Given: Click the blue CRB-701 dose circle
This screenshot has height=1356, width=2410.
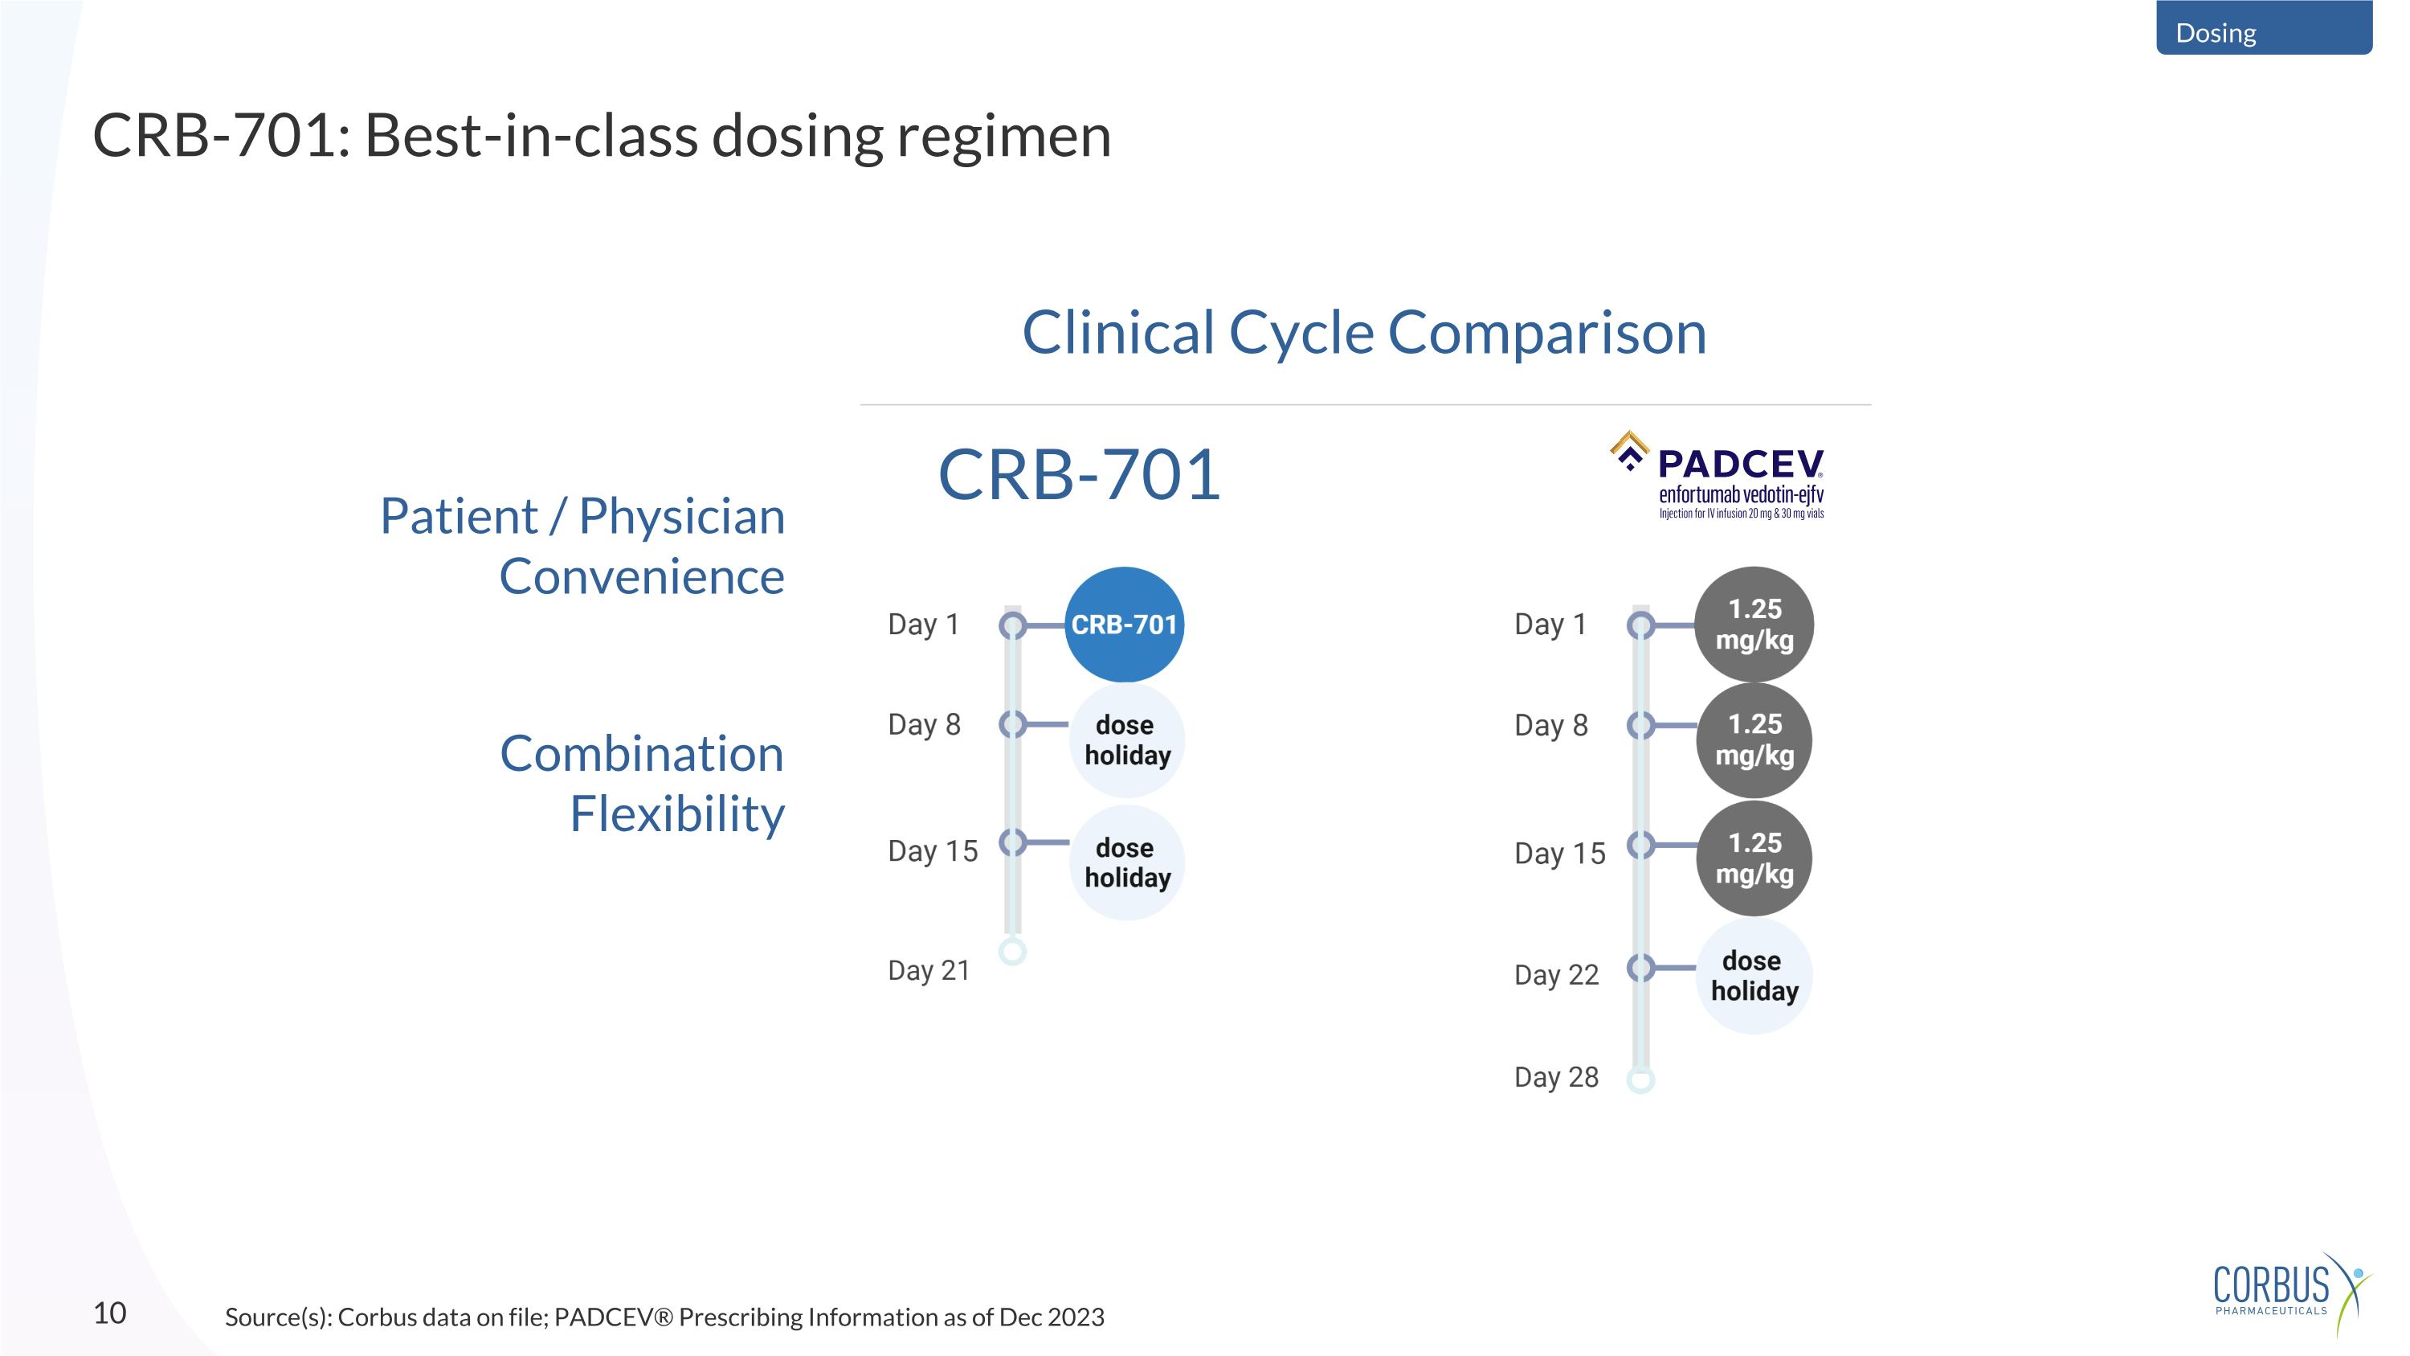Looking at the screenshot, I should (x=1124, y=625).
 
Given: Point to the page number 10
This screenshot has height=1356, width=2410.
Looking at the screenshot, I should (x=109, y=1313).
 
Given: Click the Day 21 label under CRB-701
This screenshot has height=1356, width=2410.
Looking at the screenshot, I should (x=928, y=970).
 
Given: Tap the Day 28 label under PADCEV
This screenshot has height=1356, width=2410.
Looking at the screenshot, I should (x=1556, y=1077).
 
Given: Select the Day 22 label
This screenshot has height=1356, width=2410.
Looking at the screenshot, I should (x=1556, y=975).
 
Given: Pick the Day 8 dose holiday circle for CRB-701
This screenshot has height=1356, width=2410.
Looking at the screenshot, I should (x=1126, y=740).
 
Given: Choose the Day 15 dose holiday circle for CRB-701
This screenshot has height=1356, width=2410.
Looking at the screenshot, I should (x=1126, y=862).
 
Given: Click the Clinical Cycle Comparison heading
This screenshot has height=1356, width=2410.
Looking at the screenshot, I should (x=1364, y=332).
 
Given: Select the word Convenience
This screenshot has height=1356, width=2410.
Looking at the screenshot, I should (x=642, y=576).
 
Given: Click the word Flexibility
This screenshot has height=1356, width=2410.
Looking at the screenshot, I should (x=677, y=813).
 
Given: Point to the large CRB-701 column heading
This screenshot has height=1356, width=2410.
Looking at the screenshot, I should (x=1079, y=474).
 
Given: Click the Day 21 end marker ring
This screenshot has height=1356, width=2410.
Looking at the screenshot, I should (x=1012, y=952).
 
